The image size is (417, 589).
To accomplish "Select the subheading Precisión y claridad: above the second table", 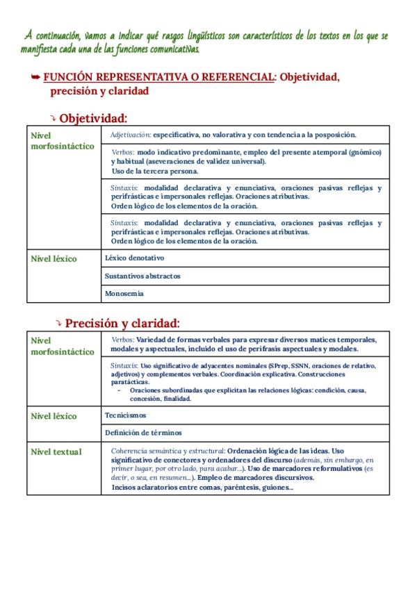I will pyautogui.click(x=122, y=323).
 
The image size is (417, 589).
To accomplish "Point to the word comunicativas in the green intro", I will pyautogui.click(x=167, y=49).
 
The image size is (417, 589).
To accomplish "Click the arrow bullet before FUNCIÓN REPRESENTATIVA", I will pyautogui.click(x=35, y=76).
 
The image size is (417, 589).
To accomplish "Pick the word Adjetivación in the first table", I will pyautogui.click(x=131, y=135).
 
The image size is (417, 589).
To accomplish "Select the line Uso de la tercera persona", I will pyautogui.click(x=154, y=170).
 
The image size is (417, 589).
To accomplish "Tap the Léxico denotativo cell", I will pyautogui.click(x=134, y=257).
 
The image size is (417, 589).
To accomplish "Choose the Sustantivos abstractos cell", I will pyautogui.click(x=142, y=276).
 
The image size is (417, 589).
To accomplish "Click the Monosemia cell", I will pyautogui.click(x=124, y=294).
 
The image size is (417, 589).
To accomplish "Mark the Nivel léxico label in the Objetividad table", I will pyautogui.click(x=54, y=258).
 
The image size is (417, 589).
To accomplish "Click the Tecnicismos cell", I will pyautogui.click(x=126, y=415).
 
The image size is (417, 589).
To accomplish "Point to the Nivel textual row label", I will pyautogui.click(x=56, y=451).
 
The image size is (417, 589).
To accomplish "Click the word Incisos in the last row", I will pyautogui.click(x=125, y=487).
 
